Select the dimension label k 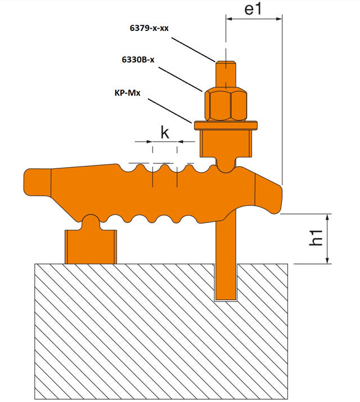tap(165, 133)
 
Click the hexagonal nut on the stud tap(227, 104)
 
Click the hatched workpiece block tap(163, 332)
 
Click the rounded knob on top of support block tap(91, 221)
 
